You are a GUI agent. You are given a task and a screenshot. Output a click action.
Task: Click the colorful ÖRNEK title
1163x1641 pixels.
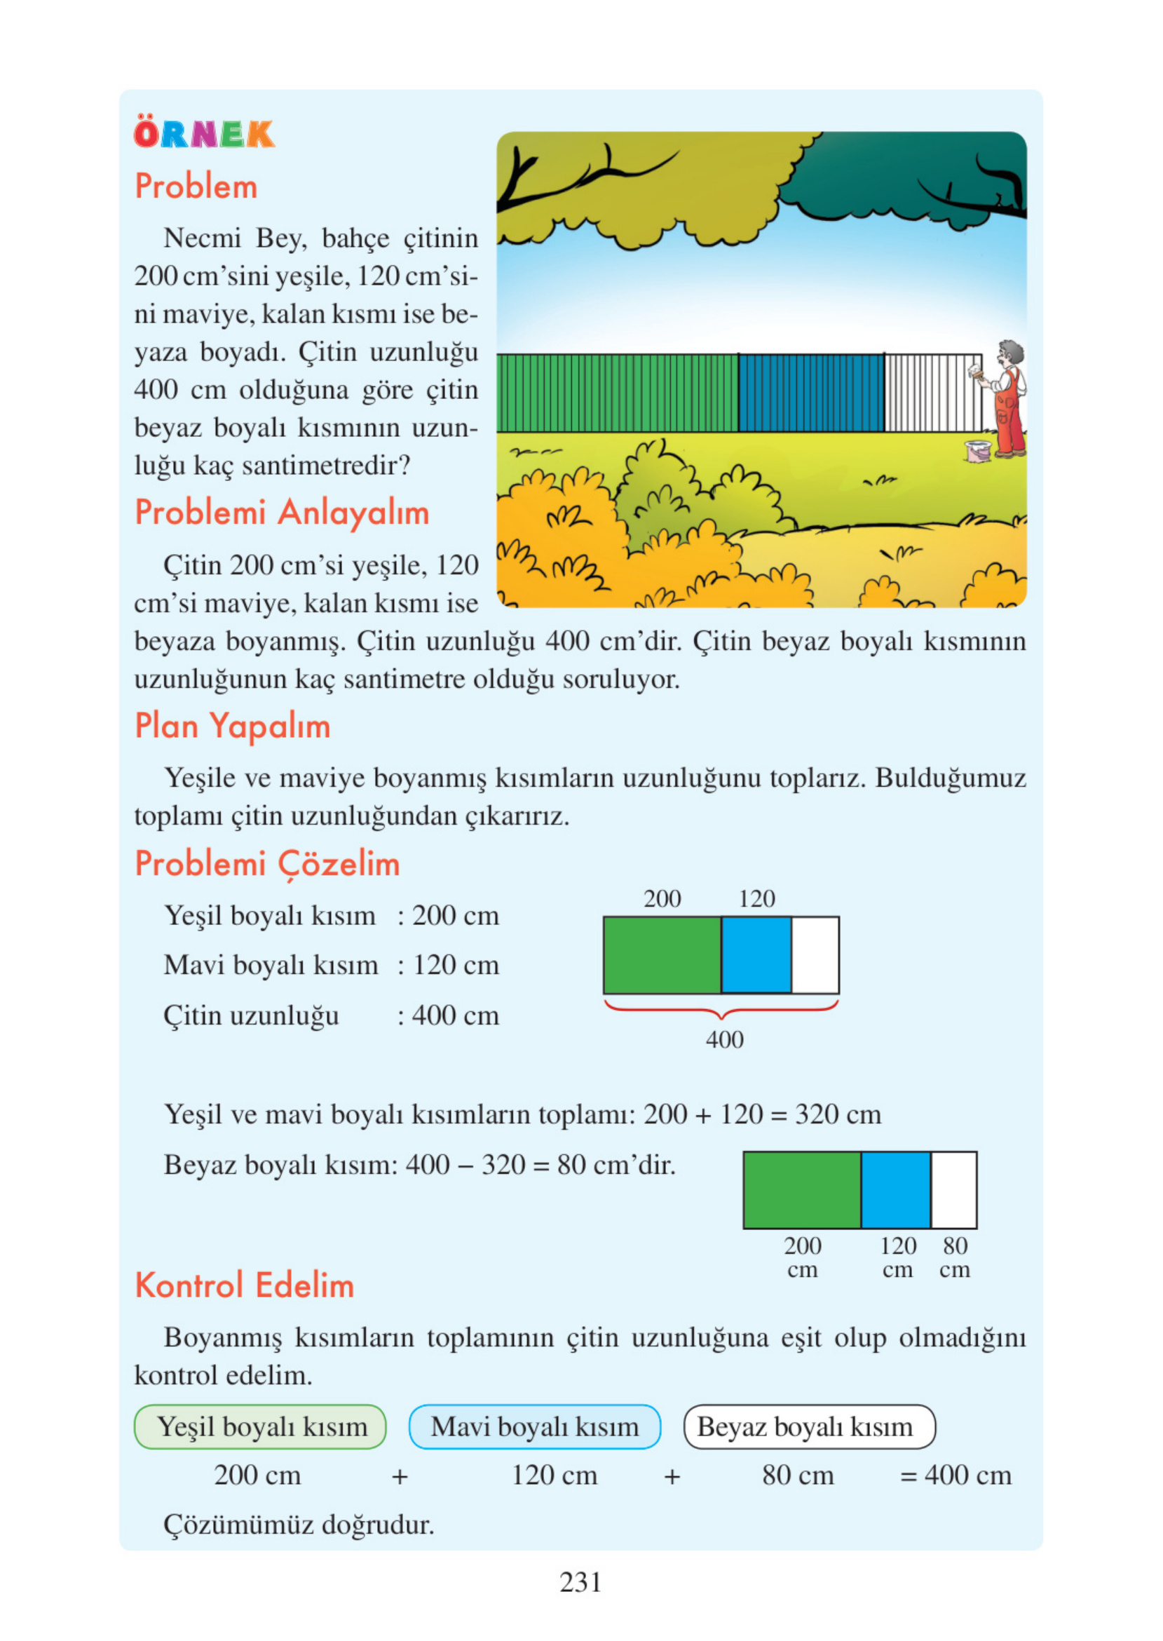[204, 134]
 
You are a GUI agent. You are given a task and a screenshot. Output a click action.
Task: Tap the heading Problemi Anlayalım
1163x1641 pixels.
[281, 513]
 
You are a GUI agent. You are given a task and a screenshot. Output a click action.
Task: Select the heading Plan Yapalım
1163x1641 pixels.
[233, 726]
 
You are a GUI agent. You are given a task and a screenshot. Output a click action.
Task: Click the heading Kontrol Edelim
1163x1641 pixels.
[244, 1285]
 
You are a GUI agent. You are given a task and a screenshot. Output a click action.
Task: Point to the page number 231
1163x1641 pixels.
[580, 1581]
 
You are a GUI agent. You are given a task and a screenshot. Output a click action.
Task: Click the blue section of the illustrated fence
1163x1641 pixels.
[810, 393]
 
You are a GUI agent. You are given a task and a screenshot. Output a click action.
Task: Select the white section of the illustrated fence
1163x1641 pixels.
[932, 393]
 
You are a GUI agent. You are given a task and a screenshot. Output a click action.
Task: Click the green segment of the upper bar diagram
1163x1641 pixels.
[662, 955]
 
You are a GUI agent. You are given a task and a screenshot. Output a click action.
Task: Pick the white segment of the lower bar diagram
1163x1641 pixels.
[953, 1190]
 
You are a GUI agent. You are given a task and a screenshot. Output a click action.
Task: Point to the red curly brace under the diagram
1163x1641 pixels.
[721, 1008]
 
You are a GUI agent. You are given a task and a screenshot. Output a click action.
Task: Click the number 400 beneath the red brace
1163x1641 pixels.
[724, 1039]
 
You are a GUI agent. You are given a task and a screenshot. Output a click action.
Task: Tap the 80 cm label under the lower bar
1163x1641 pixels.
[955, 1257]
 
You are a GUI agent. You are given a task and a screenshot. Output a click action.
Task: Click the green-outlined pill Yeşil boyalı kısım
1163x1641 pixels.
[260, 1427]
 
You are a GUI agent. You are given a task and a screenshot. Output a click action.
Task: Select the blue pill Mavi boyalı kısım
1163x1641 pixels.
[534, 1427]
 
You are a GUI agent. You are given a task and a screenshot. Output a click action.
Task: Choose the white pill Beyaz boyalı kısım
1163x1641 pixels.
[808, 1427]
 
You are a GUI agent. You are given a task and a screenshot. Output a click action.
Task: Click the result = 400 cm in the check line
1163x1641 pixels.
[955, 1475]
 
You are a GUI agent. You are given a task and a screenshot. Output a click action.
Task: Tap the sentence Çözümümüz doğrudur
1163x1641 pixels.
[299, 1525]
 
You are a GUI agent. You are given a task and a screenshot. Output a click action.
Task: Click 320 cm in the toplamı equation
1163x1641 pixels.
[838, 1114]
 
